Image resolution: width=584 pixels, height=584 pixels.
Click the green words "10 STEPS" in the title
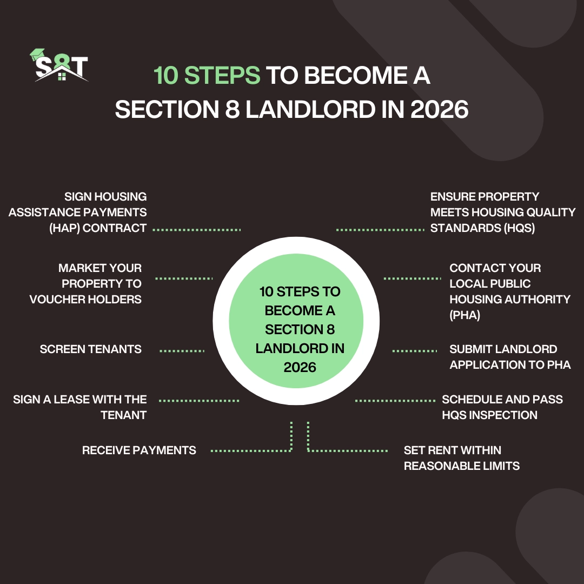click(207, 76)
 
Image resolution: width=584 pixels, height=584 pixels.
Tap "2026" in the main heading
click(439, 110)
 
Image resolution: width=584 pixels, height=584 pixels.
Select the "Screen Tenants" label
click(90, 349)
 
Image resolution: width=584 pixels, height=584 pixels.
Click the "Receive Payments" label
click(139, 450)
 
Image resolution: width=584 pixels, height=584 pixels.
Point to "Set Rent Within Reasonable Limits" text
click(461, 458)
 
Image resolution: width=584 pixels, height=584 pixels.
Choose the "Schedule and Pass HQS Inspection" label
click(502, 407)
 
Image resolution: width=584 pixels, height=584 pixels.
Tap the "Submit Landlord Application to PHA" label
click(510, 357)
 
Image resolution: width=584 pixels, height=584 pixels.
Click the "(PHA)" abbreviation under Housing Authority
click(464, 315)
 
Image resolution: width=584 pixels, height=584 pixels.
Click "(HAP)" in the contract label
click(64, 228)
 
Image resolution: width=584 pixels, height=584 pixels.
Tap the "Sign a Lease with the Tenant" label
click(80, 407)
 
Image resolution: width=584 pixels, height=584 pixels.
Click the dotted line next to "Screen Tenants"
click(182, 350)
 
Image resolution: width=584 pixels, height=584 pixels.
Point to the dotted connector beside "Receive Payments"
click(250, 450)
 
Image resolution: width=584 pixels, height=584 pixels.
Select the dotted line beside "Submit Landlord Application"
click(414, 350)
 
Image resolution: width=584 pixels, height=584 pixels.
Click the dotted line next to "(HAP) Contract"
click(196, 230)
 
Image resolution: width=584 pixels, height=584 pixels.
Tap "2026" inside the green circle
click(300, 367)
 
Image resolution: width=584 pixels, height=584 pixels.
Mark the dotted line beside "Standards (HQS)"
click(380, 230)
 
